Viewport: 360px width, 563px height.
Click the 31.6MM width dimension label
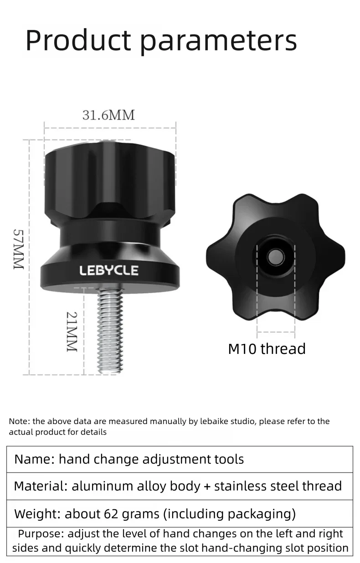click(x=108, y=115)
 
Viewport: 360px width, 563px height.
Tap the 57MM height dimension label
click(x=19, y=249)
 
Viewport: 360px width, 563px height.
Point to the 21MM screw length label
click(x=72, y=332)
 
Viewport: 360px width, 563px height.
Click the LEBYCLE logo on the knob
click(x=109, y=270)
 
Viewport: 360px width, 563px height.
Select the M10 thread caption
click(x=267, y=348)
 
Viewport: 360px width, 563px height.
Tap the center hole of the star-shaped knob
click(x=276, y=257)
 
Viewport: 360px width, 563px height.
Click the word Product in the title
click(x=78, y=40)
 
